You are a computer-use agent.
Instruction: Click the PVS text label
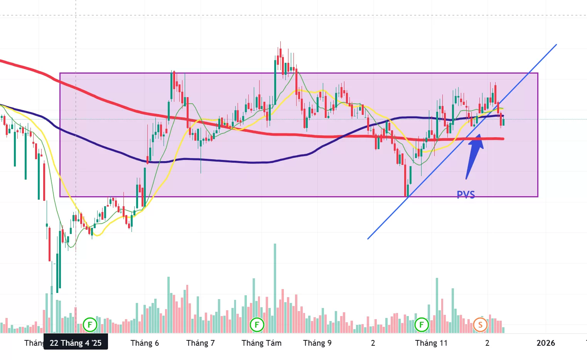[x=466, y=194]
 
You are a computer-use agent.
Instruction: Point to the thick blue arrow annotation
[x=474, y=154]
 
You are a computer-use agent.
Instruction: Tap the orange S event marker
[x=480, y=325]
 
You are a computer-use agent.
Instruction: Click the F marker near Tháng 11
[x=421, y=325]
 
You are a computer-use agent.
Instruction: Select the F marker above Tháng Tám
[x=257, y=325]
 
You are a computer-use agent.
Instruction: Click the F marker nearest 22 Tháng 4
[x=90, y=325]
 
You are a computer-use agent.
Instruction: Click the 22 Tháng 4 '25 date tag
[x=76, y=343]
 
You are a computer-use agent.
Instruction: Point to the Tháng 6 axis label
[x=145, y=343]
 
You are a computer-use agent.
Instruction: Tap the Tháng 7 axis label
[x=200, y=343]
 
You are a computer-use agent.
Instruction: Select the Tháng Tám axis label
[x=261, y=343]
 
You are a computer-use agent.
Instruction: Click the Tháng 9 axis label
[x=317, y=343]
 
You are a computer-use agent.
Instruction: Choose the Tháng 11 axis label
[x=431, y=343]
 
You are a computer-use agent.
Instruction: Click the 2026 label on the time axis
[x=545, y=343]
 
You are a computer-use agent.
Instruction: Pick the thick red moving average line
[x=116, y=104]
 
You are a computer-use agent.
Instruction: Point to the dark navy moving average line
[x=231, y=161]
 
